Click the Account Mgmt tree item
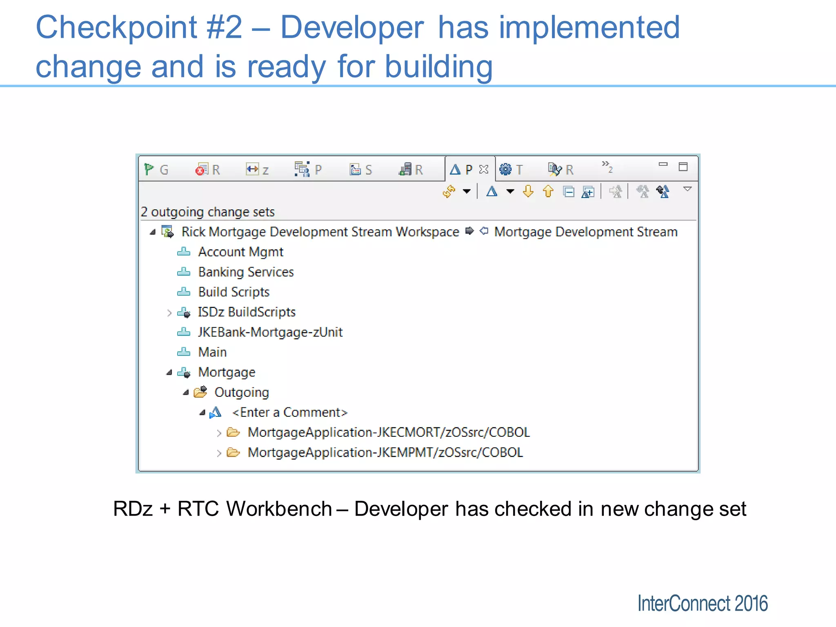[240, 252]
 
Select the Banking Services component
[245, 272]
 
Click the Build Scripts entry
[233, 292]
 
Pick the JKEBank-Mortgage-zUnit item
[270, 332]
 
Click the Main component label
[212, 352]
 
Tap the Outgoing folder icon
[200, 392]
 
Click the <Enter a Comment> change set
[289, 412]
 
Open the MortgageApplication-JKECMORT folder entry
[388, 432]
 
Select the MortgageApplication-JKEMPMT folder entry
[385, 452]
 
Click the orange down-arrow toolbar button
[528, 191]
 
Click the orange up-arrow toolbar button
[548, 191]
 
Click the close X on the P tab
[484, 169]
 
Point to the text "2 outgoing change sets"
[207, 212]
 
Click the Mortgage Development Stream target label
[585, 232]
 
